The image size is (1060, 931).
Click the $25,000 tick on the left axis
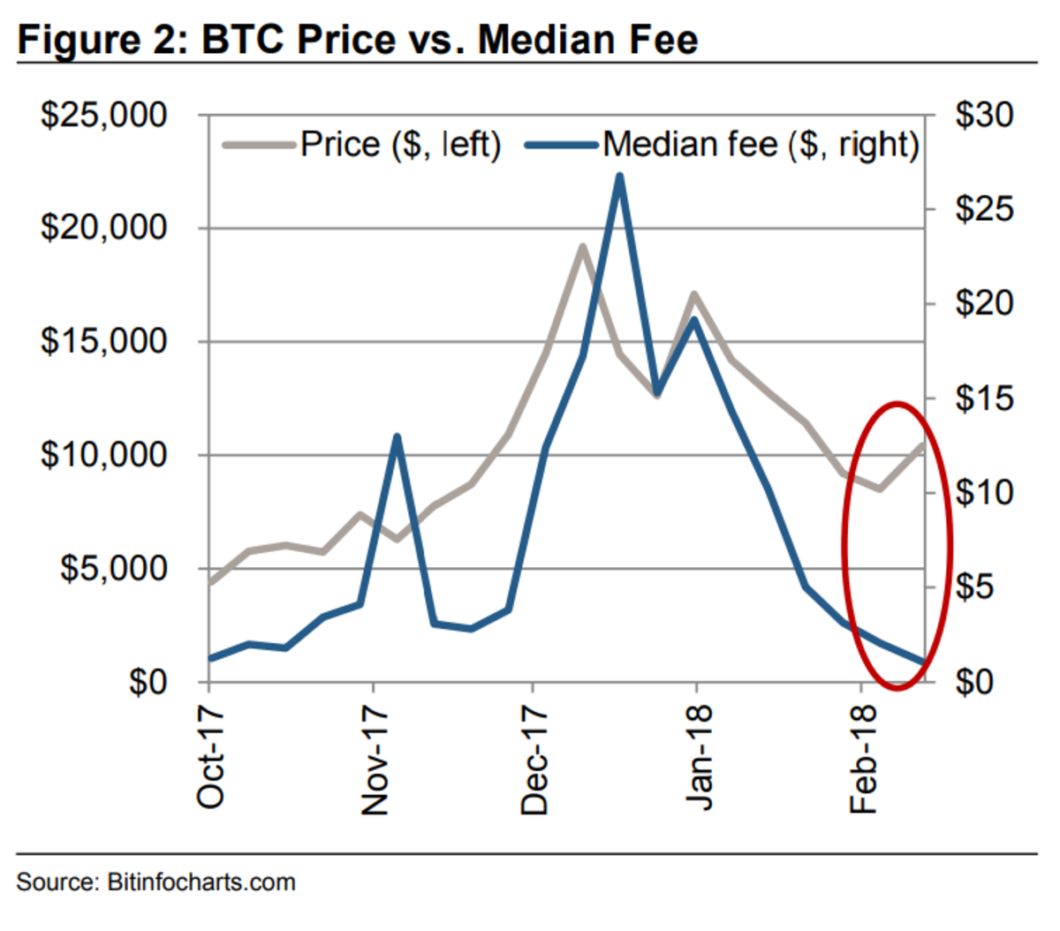[103, 116]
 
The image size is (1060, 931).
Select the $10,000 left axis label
[103, 456]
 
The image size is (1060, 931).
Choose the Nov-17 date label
[375, 760]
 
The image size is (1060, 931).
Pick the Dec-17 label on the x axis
[534, 760]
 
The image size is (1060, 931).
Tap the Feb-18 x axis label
[863, 760]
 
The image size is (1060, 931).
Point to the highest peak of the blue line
[620, 176]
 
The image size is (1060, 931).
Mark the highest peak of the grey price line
[583, 246]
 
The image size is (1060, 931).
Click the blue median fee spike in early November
[397, 436]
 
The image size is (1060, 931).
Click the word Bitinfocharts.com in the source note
[201, 882]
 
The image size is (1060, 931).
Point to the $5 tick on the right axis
[973, 588]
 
